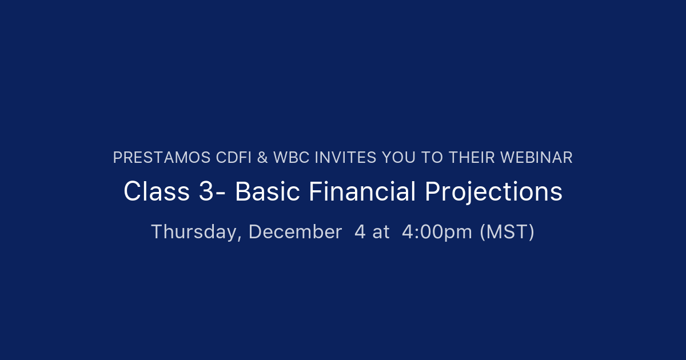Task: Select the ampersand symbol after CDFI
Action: pyautogui.click(x=262, y=158)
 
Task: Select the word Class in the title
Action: pyautogui.click(x=156, y=192)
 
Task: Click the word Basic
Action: pyautogui.click(x=268, y=192)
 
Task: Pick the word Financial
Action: pyautogui.click(x=362, y=192)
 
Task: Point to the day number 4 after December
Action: pyautogui.click(x=360, y=232)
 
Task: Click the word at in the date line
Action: pyautogui.click(x=381, y=232)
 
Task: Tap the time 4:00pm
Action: pyautogui.click(x=437, y=232)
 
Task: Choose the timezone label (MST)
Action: pyautogui.click(x=506, y=232)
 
